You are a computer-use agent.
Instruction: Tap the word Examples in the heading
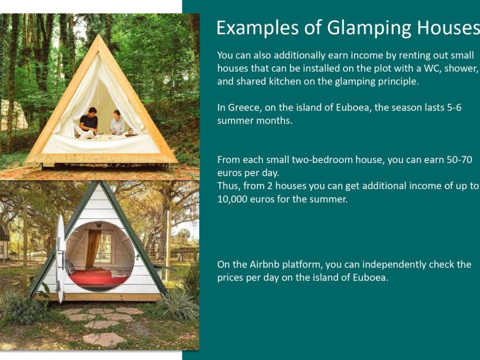coord(258,28)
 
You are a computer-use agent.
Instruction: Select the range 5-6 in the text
coord(454,108)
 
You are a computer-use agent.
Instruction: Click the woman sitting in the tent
coord(117,123)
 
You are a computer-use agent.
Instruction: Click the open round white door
coord(61,259)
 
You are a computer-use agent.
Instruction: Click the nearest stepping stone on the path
coord(105,340)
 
